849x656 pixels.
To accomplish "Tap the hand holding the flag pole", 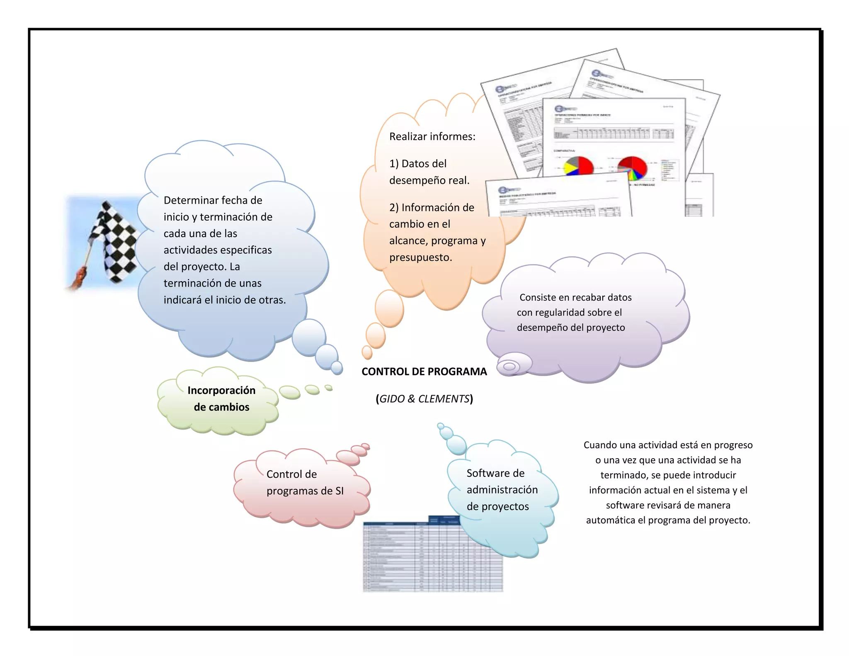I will (x=79, y=278).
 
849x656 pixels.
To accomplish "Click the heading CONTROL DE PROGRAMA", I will (x=424, y=372).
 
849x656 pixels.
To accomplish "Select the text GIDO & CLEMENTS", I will (x=424, y=399).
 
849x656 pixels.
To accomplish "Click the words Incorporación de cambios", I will (x=221, y=398).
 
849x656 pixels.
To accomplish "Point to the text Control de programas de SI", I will (x=305, y=483).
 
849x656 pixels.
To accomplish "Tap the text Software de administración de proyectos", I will (x=502, y=490).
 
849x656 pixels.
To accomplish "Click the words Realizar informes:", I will (x=432, y=136).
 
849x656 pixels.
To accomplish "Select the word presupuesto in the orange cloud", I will (x=420, y=258).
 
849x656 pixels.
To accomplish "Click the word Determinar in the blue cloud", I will (x=187, y=200).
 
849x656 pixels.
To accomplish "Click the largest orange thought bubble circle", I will (x=389, y=309).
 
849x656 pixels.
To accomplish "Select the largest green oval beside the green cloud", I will (x=289, y=392).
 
